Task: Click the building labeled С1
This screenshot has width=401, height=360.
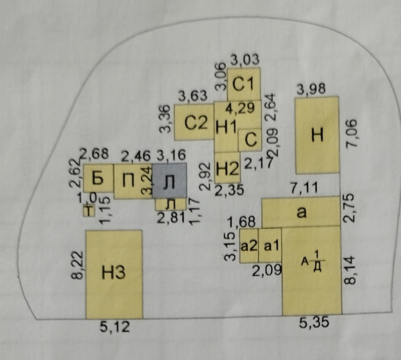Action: (244, 84)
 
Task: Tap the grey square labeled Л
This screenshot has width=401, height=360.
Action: (169, 181)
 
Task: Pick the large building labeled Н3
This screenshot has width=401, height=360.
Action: (114, 274)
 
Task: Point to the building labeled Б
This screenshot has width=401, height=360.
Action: (98, 178)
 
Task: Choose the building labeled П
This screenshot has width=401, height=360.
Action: (128, 181)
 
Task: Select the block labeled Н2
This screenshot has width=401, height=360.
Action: (227, 168)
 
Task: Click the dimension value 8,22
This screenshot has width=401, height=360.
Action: (78, 266)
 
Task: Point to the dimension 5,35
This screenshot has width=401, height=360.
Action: (314, 323)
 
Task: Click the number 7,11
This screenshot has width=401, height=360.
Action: (304, 188)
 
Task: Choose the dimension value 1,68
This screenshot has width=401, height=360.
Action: (242, 222)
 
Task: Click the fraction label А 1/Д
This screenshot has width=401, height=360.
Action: (313, 261)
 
